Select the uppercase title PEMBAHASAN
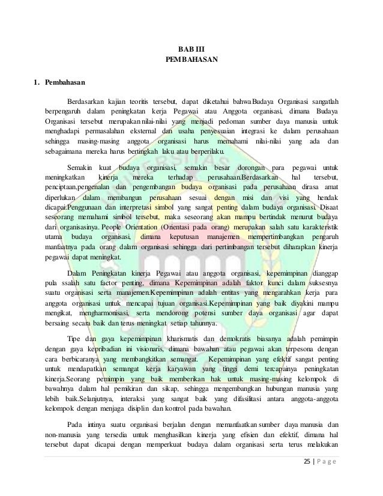(x=191, y=60)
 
